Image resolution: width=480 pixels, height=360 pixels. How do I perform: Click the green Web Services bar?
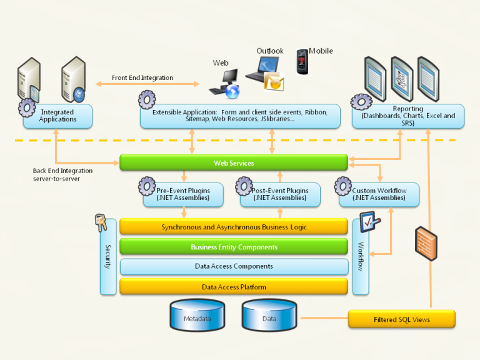point(233,163)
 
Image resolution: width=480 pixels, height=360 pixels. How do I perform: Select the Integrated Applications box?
point(57,116)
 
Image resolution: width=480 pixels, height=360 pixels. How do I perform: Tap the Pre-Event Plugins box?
point(183,194)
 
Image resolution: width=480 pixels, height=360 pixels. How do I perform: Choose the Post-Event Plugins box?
point(280,194)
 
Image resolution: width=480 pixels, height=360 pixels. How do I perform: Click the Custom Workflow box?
point(379,194)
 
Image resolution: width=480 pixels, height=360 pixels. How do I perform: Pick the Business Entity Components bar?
point(233,247)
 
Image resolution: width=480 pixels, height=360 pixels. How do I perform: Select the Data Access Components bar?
point(233,266)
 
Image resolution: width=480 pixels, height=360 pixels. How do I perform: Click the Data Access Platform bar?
point(233,287)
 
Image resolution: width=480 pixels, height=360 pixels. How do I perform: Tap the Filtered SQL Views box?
point(401,319)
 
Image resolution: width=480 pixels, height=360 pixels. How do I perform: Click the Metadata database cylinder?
point(197,315)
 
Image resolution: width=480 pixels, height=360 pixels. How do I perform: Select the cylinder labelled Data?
point(269,315)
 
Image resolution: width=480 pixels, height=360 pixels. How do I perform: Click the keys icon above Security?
point(100,221)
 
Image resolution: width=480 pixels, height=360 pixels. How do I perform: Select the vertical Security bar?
point(107,257)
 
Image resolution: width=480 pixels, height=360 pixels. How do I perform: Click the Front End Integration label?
point(142,78)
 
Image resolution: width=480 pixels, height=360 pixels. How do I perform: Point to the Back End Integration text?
point(62,174)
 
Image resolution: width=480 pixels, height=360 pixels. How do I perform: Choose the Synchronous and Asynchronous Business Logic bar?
point(233,227)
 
